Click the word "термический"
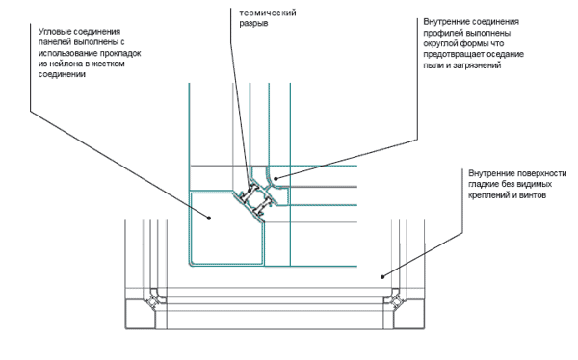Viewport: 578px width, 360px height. (268, 13)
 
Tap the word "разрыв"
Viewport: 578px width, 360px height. (253, 23)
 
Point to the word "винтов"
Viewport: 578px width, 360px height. (533, 195)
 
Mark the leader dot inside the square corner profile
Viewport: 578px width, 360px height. (209, 218)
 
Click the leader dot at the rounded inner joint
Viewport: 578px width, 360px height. (276, 178)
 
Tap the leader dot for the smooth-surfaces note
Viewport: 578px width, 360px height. (382, 276)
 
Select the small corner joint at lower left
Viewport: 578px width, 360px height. (154, 300)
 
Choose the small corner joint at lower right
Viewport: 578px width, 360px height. (394, 300)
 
